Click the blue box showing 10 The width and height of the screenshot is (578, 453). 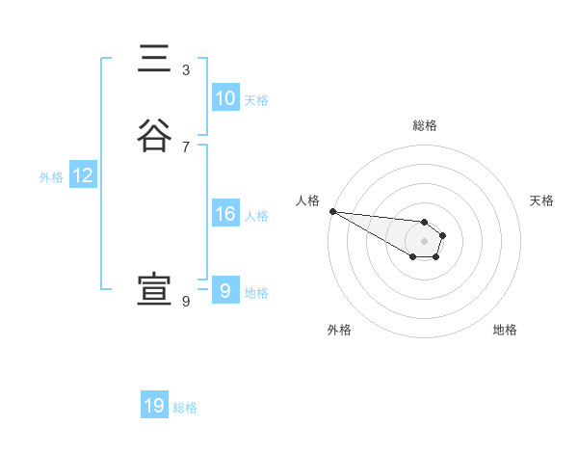click(224, 98)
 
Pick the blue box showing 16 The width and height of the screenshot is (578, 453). click(224, 214)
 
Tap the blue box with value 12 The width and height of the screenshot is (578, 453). click(82, 175)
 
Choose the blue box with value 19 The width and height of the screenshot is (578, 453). click(154, 406)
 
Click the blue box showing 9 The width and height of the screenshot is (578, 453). click(224, 291)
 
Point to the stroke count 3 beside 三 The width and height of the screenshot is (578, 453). click(186, 70)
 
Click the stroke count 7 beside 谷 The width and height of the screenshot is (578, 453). click(186, 147)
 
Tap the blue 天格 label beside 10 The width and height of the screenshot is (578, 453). click(256, 100)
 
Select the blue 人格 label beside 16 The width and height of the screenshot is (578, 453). click(256, 216)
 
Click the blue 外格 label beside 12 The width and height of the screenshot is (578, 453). click(51, 177)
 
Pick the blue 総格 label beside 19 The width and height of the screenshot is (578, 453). click(185, 408)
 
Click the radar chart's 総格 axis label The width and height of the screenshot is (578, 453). click(424, 125)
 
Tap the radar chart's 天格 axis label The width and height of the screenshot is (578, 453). click(542, 200)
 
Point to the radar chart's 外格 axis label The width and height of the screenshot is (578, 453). click(339, 330)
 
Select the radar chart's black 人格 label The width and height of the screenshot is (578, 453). click(307, 200)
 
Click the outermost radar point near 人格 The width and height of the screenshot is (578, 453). click(331, 211)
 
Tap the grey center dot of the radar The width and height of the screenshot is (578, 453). click(424, 241)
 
